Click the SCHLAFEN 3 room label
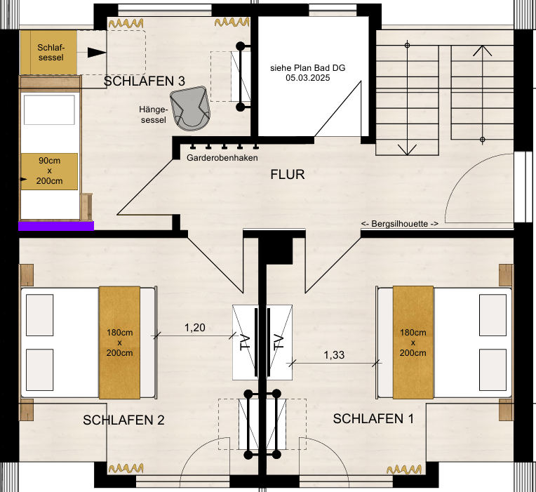click(145, 81)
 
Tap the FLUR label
click(288, 175)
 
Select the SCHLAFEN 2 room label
click(123, 420)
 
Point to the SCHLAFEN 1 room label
click(373, 419)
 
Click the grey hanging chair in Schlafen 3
click(190, 108)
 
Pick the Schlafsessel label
click(51, 53)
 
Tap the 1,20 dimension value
click(195, 328)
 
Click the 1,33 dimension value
click(334, 355)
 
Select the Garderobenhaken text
click(222, 158)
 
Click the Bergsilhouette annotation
click(400, 224)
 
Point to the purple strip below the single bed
click(56, 226)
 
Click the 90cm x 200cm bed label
click(49, 171)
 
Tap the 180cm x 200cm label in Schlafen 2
click(119, 343)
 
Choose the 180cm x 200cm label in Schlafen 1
click(413, 343)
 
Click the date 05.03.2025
click(308, 78)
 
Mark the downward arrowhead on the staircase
click(407, 149)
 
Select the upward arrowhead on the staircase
click(483, 51)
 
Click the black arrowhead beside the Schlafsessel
click(97, 53)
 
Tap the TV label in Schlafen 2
click(246, 343)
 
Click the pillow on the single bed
click(49, 109)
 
